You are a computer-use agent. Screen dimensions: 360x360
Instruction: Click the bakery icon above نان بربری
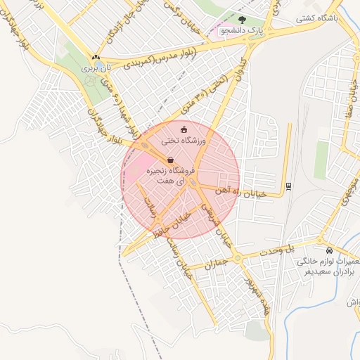point(96,57)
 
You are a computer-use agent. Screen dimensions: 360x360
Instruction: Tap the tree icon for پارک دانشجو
point(243,20)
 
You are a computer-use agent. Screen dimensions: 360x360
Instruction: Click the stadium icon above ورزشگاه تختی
point(184,129)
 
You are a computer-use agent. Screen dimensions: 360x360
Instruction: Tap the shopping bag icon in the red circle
point(172,160)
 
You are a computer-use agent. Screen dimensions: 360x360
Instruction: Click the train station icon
point(288,186)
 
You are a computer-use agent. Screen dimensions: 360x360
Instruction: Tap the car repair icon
point(329,250)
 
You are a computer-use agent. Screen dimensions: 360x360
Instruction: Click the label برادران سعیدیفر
point(327,271)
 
